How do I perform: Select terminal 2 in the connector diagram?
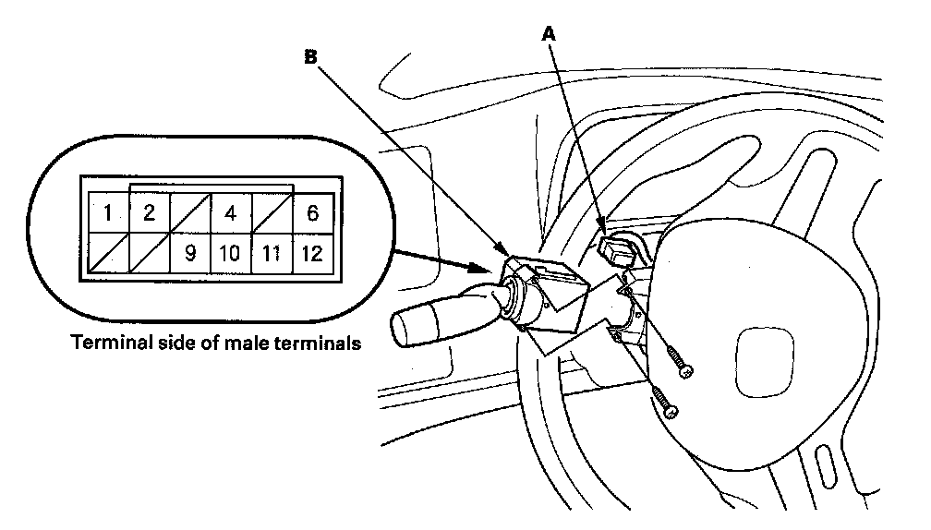(148, 213)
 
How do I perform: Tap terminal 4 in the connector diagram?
(230, 213)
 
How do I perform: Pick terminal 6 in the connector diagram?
(312, 213)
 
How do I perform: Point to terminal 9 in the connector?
(189, 254)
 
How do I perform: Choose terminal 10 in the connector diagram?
(230, 254)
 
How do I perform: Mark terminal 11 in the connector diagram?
(272, 254)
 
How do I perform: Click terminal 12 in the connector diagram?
(312, 254)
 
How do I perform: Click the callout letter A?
(550, 33)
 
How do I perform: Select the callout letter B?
(311, 56)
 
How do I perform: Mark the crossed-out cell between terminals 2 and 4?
(189, 213)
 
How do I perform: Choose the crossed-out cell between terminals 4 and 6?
(272, 213)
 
